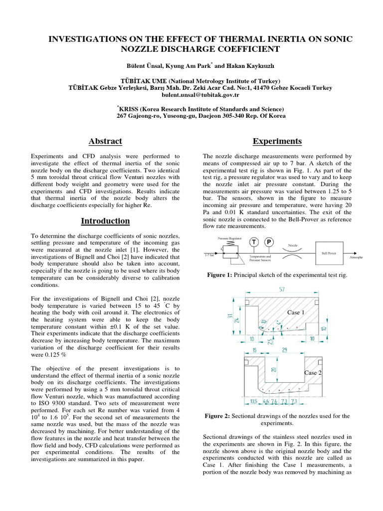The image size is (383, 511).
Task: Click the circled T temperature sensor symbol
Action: click(x=254, y=242)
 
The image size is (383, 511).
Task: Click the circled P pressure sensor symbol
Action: click(x=269, y=242)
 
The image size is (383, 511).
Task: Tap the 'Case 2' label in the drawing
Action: click(x=313, y=373)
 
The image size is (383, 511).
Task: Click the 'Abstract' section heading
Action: click(x=105, y=141)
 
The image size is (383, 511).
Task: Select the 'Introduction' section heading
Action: click(x=105, y=221)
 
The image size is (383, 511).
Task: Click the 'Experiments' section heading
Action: click(x=277, y=141)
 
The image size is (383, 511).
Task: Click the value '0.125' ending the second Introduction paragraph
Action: click(x=50, y=355)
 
